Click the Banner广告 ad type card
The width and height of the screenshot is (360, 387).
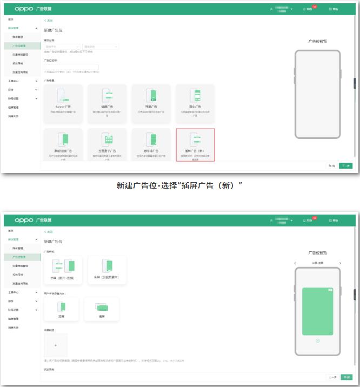(63, 101)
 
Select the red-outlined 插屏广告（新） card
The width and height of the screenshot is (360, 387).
(195, 145)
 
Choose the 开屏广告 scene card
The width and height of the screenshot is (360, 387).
(151, 101)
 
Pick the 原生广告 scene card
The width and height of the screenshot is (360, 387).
(195, 101)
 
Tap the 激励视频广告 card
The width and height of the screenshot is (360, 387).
(63, 145)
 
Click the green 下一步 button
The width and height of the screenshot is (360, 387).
(345, 166)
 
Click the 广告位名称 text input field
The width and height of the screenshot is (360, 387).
(71, 67)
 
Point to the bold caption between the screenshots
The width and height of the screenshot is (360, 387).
(179, 185)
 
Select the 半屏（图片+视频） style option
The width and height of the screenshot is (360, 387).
(63, 269)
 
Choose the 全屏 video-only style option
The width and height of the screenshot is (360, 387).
(107, 269)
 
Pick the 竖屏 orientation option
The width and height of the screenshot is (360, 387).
(61, 309)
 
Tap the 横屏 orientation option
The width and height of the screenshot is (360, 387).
(101, 309)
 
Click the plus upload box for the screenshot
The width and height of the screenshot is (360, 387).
(56, 345)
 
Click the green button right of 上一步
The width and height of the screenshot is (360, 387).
(346, 377)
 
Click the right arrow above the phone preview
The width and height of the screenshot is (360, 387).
(340, 263)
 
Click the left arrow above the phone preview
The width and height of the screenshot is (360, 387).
(295, 263)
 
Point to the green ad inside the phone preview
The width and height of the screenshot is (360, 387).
(317, 311)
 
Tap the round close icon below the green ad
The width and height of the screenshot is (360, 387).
(317, 341)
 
